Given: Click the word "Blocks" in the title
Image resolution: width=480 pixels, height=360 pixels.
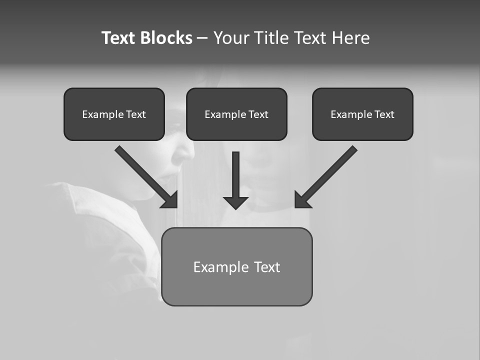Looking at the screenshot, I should click(x=166, y=38).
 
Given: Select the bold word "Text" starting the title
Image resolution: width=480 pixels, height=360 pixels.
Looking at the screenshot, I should click(x=118, y=38).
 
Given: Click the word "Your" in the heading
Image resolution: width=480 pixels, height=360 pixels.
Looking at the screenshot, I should click(x=230, y=38).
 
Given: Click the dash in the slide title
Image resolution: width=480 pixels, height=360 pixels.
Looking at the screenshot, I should click(x=202, y=38).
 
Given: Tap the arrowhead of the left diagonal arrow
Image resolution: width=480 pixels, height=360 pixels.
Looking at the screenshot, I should click(x=170, y=200).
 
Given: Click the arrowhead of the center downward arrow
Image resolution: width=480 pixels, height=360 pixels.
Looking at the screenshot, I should click(x=235, y=202).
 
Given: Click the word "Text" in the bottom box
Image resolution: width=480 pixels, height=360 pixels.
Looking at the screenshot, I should click(x=267, y=267).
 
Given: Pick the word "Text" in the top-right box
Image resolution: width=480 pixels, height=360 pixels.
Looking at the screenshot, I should click(x=384, y=114).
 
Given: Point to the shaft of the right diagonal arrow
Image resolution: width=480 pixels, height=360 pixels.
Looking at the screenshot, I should click(x=332, y=170).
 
